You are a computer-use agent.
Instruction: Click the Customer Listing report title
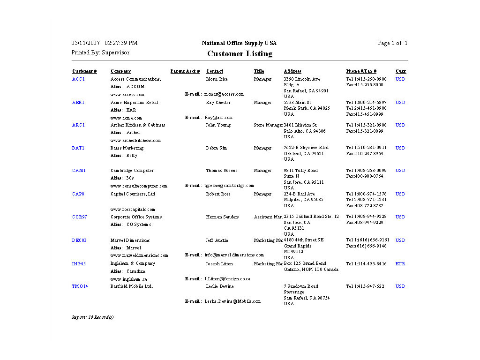tap(240, 54)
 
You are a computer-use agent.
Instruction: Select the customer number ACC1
tap(78, 79)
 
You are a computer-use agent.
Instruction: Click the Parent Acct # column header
tap(185, 71)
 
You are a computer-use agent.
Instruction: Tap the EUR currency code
tap(400, 264)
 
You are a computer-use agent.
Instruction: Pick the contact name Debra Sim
tap(216, 148)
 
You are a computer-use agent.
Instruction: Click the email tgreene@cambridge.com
tap(229, 186)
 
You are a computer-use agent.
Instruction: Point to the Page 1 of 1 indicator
tap(392, 43)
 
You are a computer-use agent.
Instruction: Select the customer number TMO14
tap(80, 286)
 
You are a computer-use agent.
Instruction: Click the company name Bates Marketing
tap(127, 148)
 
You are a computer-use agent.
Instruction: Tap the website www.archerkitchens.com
tap(135, 141)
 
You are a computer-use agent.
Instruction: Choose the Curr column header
tap(401, 71)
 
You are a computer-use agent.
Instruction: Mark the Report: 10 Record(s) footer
tap(92, 317)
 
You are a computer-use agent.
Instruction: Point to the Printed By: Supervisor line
tap(100, 52)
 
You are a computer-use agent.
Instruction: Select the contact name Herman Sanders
tap(222, 217)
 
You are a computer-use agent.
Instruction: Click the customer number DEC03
tap(79, 240)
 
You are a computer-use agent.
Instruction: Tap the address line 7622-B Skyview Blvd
tap(306, 148)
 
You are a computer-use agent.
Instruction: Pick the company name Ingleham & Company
tap(133, 264)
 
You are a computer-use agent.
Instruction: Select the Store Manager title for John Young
tap(268, 125)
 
